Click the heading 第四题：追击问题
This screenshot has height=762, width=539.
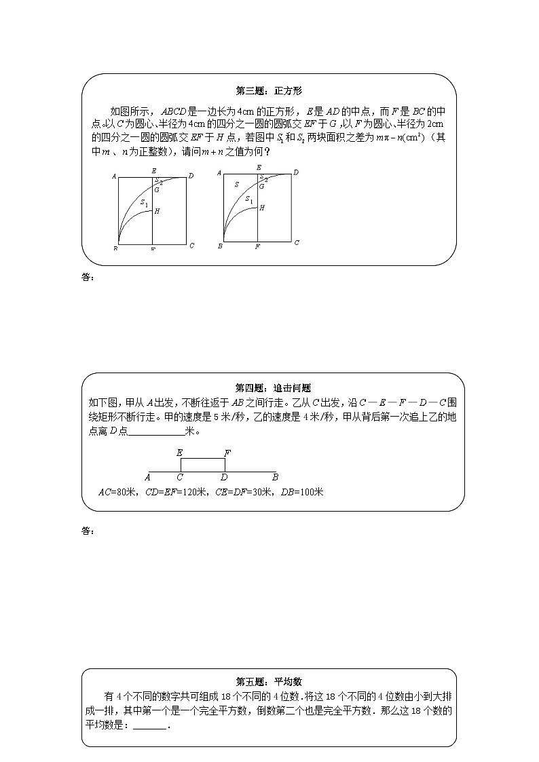269,388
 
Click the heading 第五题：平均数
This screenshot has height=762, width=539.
269,681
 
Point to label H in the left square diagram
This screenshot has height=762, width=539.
157,212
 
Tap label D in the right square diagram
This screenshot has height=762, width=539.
296,173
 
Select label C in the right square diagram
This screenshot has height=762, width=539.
297,243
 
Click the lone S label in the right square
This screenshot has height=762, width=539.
236,185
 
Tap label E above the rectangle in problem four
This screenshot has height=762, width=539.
179,452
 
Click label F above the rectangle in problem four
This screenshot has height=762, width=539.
227,452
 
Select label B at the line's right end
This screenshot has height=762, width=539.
275,477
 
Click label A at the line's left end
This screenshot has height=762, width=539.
147,477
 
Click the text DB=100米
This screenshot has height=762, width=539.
301,492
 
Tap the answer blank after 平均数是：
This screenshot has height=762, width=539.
149,725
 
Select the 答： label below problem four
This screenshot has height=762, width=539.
86,531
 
